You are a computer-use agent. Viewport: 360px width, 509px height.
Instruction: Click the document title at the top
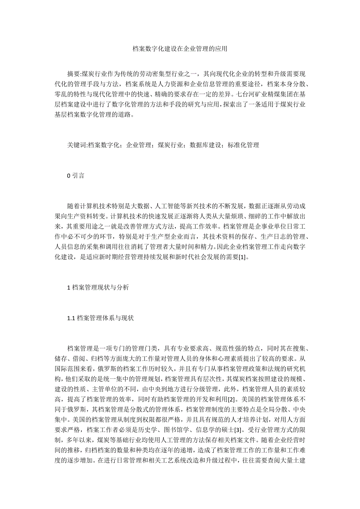180,49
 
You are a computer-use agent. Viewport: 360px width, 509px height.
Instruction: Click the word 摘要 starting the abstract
73,73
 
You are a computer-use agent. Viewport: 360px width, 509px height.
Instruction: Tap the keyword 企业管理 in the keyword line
140,145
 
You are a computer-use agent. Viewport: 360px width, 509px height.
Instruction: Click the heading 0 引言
76,176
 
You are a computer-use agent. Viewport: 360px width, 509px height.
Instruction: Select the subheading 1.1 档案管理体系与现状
101,318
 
